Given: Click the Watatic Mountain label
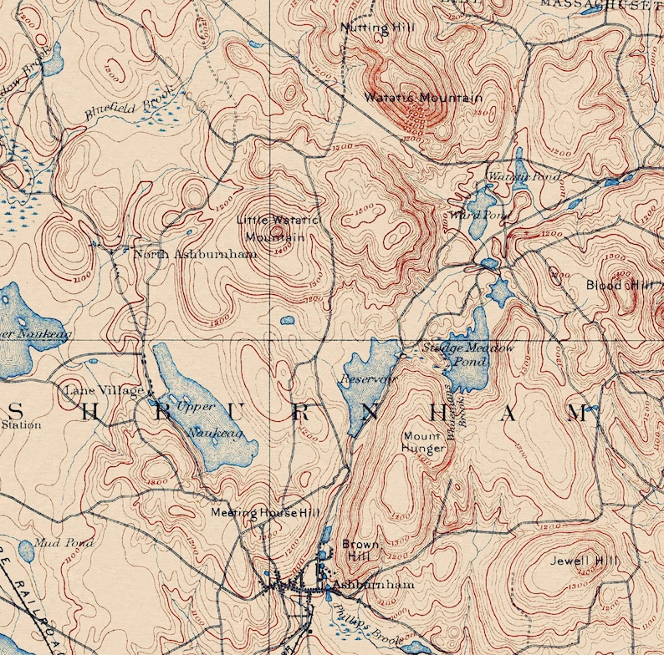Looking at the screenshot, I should coord(422,98).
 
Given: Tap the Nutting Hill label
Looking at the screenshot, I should coord(376,28).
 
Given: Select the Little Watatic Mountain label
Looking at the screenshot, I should coord(277,228).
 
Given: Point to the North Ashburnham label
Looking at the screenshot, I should coord(195,254).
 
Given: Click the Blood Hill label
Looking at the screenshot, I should coord(619,285).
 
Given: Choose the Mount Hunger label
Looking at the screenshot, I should coord(424,442).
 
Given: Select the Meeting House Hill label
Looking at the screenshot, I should coord(253,512).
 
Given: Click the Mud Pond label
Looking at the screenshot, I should coord(64,543).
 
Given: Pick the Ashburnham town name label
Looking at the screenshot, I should coord(372,586).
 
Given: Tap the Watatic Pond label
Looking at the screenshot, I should coord(511,176).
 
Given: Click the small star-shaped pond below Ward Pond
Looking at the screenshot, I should coord(500,292).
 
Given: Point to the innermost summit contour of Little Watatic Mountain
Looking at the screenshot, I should coord(277,231).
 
